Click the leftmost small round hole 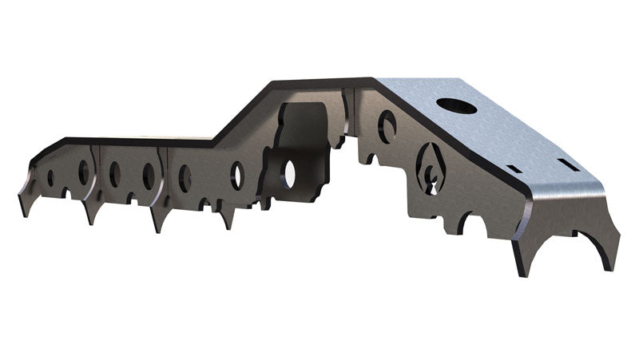click(x=50, y=176)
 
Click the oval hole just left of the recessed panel click(x=237, y=175)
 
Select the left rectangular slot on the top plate click(x=515, y=170)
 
